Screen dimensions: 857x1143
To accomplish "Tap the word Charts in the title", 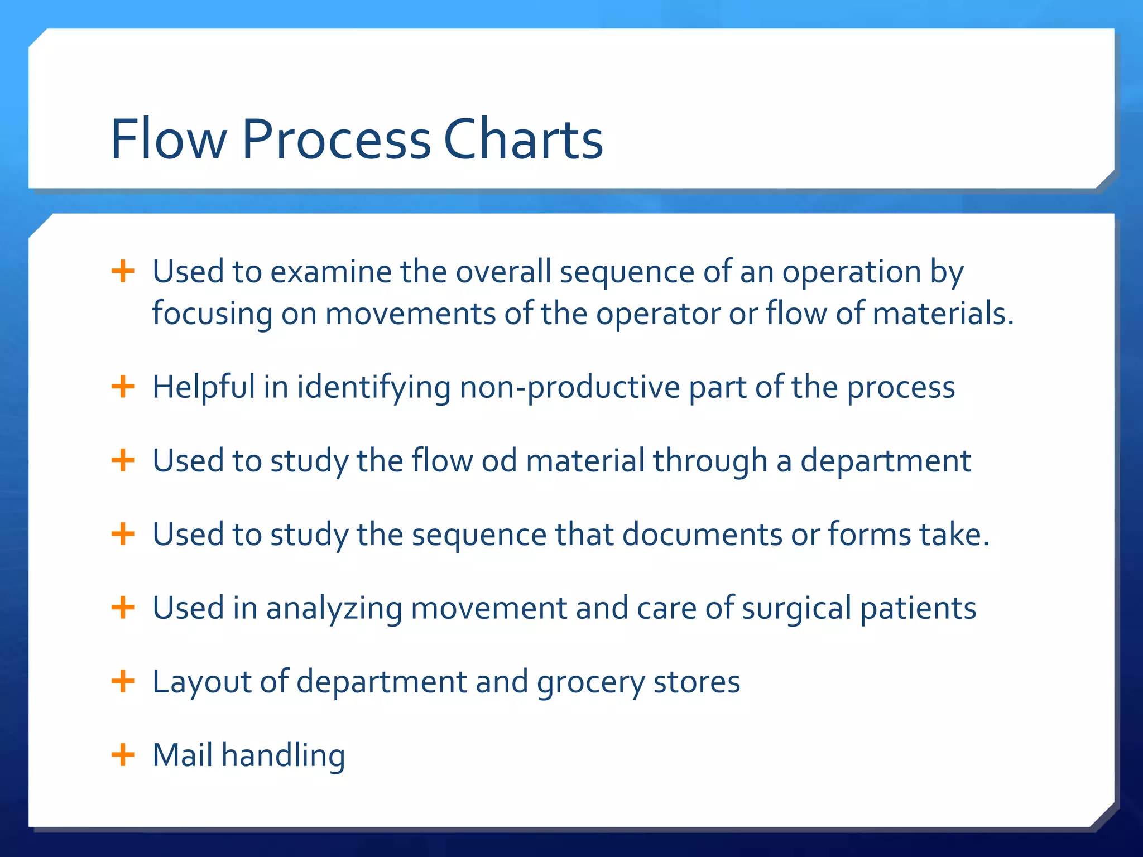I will pyautogui.click(x=523, y=139).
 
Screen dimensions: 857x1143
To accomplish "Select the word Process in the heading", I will pyautogui.click(x=336, y=139).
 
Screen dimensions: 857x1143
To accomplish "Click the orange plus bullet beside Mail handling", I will pyautogui.click(x=123, y=755).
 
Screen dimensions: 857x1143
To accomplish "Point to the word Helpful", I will pyautogui.click(x=204, y=387).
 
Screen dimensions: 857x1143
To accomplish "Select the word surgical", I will pyautogui.click(x=796, y=608).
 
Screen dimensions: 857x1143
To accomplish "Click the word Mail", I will pyautogui.click(x=183, y=755).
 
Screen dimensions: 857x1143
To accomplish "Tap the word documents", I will pyautogui.click(x=702, y=535).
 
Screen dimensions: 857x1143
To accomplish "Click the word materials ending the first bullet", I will pyautogui.click(x=942, y=314).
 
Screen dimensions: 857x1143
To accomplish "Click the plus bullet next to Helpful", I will pyautogui.click(x=123, y=387).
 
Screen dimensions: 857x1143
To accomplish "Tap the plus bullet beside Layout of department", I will pyautogui.click(x=123, y=681).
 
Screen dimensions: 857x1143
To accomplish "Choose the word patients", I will pyautogui.click(x=918, y=608).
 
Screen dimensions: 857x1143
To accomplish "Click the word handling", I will pyautogui.click(x=283, y=756).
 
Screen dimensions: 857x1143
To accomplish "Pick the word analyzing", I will pyautogui.click(x=334, y=608).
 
